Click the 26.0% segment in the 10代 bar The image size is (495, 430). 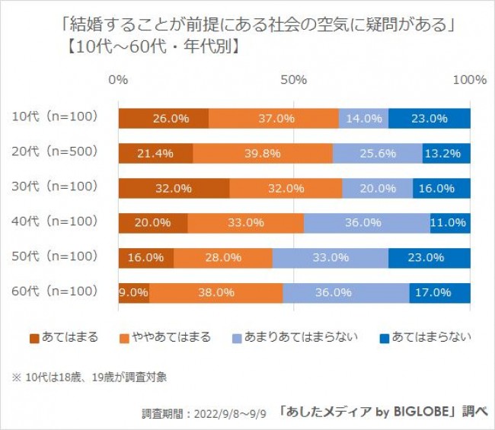pos(164,119)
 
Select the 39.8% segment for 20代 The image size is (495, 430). pos(263,153)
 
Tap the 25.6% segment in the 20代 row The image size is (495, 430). pos(377,153)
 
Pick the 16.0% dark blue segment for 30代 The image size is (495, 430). pos(442,188)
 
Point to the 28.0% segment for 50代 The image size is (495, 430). pos(223,258)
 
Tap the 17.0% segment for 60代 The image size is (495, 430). pos(439,292)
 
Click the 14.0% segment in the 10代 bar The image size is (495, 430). pos(363,119)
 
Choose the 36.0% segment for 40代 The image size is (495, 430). pos(367,223)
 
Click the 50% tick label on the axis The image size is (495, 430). pos(294,79)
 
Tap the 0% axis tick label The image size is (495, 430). pos(119,79)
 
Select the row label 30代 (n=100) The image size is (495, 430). pos(56,186)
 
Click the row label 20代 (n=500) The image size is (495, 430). pos(56,151)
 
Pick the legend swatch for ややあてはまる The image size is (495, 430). pos(126,337)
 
